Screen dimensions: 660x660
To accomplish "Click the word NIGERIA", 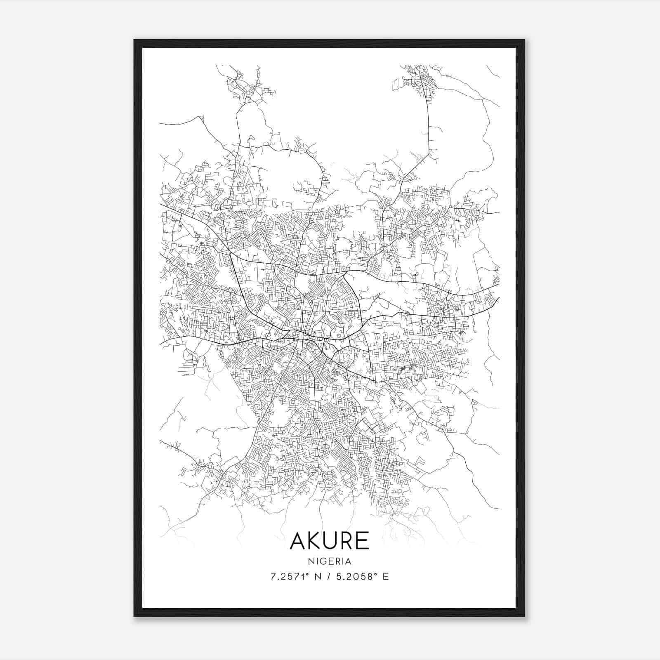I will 330,561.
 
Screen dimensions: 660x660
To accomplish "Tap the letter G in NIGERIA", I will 323,561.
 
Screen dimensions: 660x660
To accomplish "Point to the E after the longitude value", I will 386,577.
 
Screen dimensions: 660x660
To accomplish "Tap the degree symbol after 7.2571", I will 307,574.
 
